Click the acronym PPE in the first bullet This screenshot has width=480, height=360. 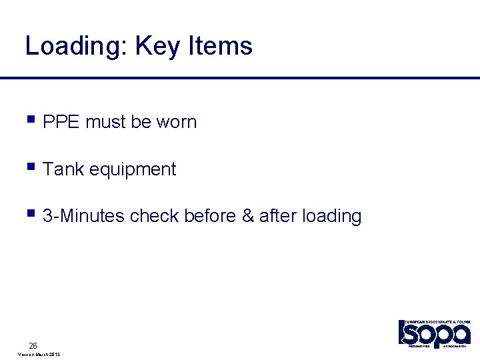tap(61, 122)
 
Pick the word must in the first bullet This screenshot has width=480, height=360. tap(105, 122)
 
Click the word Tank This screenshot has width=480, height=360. tap(63, 169)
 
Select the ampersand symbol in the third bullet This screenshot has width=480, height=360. tap(247, 216)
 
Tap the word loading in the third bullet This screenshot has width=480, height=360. tap(331, 217)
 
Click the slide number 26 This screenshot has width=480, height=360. tap(33, 345)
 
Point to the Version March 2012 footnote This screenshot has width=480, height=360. tap(39, 355)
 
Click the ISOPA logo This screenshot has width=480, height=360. tap(435, 333)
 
